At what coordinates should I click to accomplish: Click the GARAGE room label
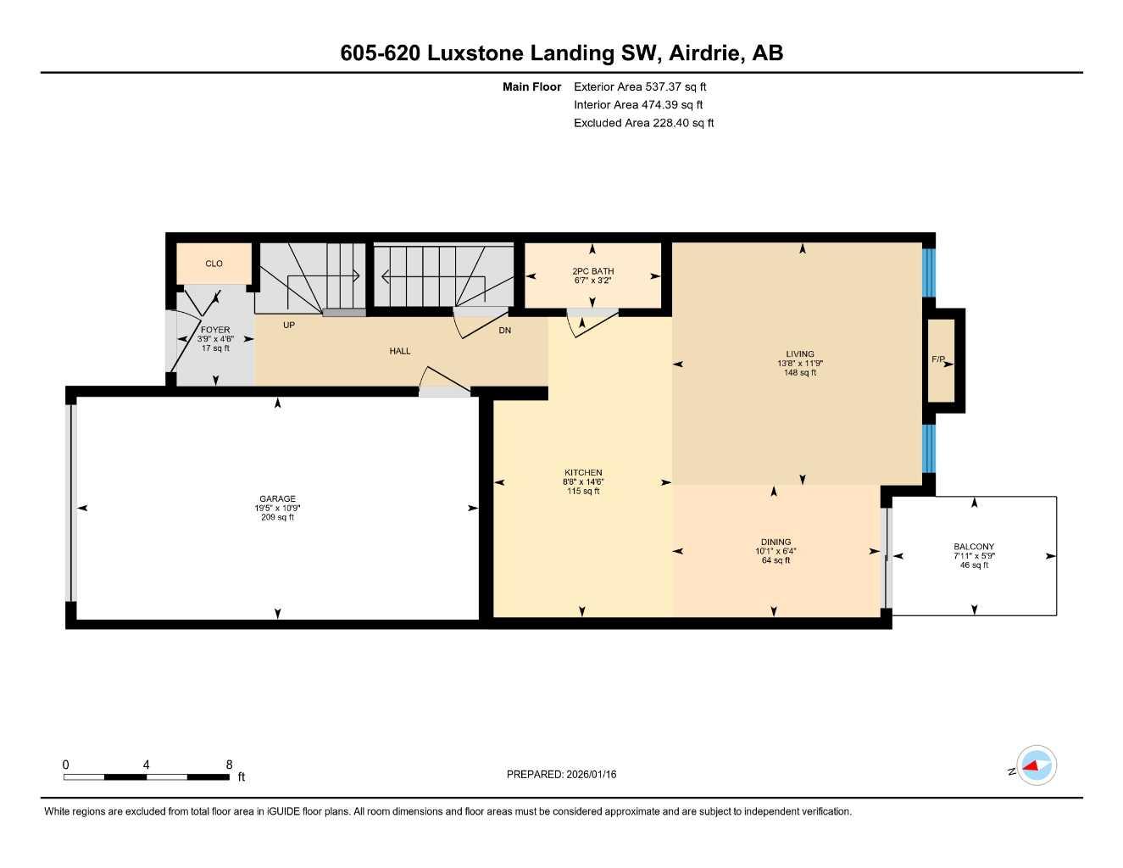(277, 499)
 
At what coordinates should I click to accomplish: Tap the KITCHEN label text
(583, 473)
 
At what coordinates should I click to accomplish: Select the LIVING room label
(799, 354)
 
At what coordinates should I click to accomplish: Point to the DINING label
(776, 542)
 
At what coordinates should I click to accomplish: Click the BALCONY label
(974, 547)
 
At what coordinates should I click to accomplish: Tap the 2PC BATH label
(592, 271)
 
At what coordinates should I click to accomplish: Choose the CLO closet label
(214, 264)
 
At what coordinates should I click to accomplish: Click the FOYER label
(215, 330)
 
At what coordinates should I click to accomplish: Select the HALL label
(400, 351)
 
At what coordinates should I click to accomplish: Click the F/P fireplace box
(940, 360)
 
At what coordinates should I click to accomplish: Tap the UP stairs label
(289, 325)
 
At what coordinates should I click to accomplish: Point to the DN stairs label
(505, 331)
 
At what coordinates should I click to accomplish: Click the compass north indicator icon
(1036, 766)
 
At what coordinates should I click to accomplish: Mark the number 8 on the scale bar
(229, 765)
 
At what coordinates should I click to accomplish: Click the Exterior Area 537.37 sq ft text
(640, 86)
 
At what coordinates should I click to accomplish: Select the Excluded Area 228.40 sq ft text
(643, 123)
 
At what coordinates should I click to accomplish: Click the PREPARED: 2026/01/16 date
(561, 774)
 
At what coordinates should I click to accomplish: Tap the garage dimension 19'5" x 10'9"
(277, 509)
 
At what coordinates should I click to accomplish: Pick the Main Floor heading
(531, 86)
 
